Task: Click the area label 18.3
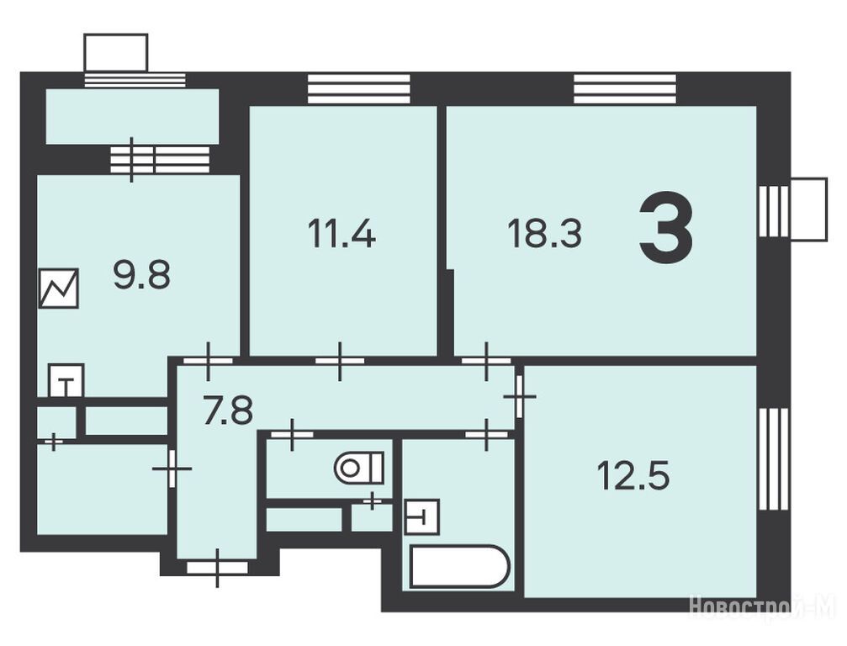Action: coord(544,235)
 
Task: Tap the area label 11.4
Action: coord(341,235)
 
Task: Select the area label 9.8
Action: coord(142,274)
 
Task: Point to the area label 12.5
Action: coord(633,476)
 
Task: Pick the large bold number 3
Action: coord(666,227)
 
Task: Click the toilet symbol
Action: coord(359,469)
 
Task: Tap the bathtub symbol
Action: coord(460,567)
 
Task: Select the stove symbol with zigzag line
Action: coord(59,289)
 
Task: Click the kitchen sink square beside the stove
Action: coord(66,381)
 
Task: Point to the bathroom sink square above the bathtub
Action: coord(422,517)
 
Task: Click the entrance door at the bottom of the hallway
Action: coord(217,568)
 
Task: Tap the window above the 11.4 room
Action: coord(358,88)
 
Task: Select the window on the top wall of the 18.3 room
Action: coord(624,88)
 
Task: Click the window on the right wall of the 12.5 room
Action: coord(774,459)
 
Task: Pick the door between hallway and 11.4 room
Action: coord(340,361)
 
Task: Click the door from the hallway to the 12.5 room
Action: coord(519,397)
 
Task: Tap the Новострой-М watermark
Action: coord(763,606)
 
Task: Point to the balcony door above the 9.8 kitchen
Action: coord(132,160)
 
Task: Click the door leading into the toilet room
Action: coord(292,434)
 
